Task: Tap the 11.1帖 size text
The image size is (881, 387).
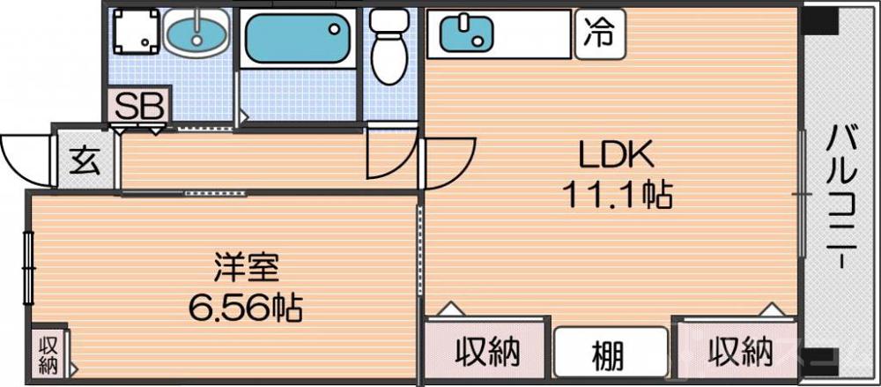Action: pyautogui.click(x=617, y=193)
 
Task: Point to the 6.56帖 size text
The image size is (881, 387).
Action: pyautogui.click(x=246, y=308)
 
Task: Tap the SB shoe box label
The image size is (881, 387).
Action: pyautogui.click(x=140, y=107)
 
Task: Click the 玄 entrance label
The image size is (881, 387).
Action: pyautogui.click(x=85, y=160)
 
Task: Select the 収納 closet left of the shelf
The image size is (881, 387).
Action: pyautogui.click(x=487, y=352)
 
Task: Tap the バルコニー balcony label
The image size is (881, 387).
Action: pyautogui.click(x=840, y=198)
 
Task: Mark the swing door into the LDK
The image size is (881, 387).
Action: pyautogui.click(x=449, y=163)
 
